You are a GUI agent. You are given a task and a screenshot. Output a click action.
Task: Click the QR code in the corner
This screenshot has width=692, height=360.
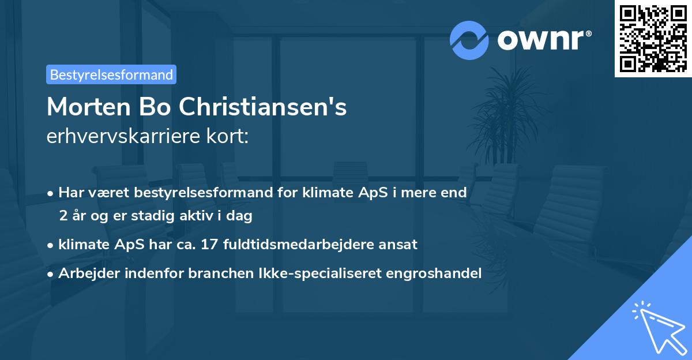point(653,39)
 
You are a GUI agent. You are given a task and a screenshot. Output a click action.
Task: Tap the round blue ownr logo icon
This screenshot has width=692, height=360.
point(469,40)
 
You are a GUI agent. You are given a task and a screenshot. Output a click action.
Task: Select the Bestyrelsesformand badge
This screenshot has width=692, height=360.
point(111,74)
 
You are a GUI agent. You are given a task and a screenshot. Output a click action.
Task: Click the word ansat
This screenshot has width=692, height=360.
point(398,245)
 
